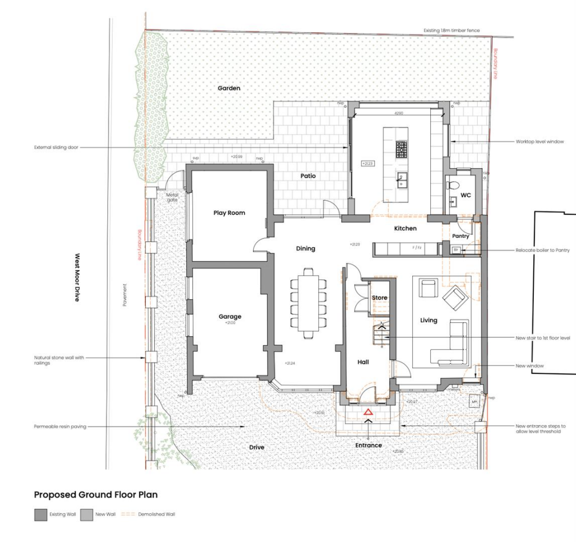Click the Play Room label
click(229, 213)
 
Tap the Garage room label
click(229, 317)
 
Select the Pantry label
click(461, 236)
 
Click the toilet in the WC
click(453, 185)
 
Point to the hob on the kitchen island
click(401, 150)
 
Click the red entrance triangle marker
click(368, 412)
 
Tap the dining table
click(308, 304)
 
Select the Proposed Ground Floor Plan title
click(96, 495)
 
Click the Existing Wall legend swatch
click(40, 514)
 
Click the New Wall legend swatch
click(86, 514)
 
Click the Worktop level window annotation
click(539, 142)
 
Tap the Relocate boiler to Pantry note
click(543, 250)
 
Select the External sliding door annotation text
click(56, 147)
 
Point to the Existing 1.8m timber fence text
click(452, 31)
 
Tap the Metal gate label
click(172, 197)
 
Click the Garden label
click(229, 88)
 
